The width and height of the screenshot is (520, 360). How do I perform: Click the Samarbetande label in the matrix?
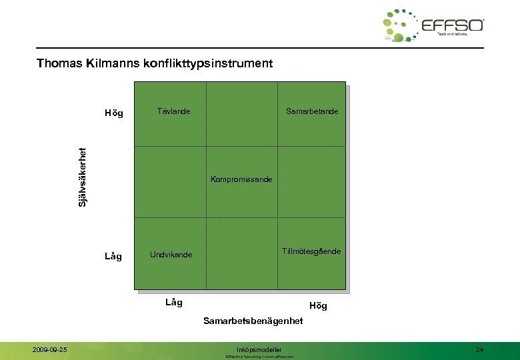click(311, 111)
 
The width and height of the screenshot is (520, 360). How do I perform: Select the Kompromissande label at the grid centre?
click(241, 179)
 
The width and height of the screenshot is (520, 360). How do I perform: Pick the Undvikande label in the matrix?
click(171, 255)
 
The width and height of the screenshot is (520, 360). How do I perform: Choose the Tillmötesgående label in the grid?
click(311, 251)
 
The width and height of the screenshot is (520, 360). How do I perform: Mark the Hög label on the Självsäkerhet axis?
click(114, 113)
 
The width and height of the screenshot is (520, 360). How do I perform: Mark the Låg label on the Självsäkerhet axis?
click(113, 256)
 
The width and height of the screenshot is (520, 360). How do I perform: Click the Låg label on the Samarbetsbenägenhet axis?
click(173, 302)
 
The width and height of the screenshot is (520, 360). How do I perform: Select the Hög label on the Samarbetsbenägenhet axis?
click(318, 306)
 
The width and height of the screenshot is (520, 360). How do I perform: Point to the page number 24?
click(480, 349)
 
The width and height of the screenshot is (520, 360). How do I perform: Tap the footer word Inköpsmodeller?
click(259, 349)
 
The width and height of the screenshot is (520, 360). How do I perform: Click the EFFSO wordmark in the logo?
click(453, 25)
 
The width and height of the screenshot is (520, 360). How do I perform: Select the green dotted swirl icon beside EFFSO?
click(400, 26)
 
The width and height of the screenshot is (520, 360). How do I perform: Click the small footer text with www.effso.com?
click(260, 357)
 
